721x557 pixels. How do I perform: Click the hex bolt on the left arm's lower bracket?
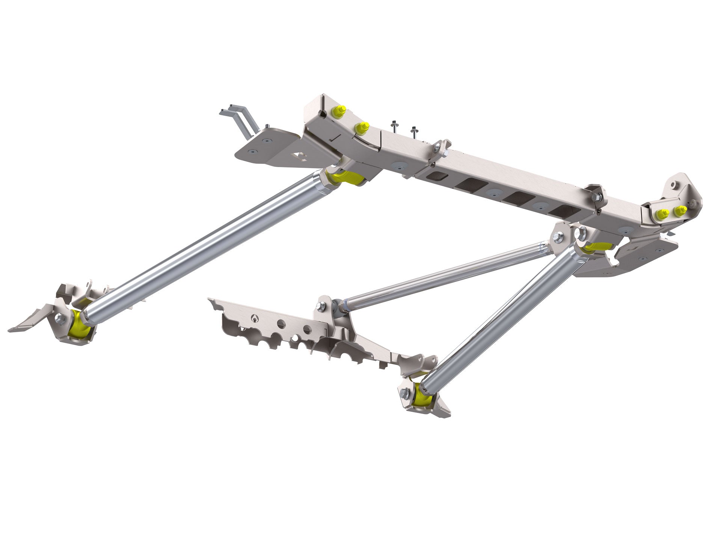[x=60, y=318]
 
